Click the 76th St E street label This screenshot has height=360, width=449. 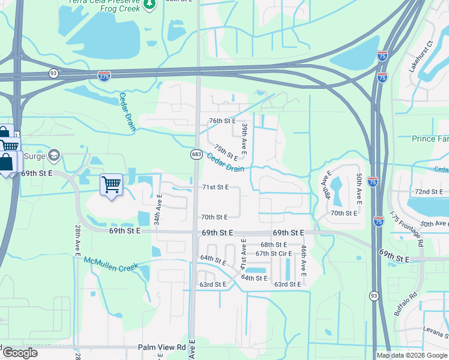(x=222, y=121)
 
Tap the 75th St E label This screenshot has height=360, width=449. (x=226, y=153)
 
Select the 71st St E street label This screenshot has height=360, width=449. (x=214, y=187)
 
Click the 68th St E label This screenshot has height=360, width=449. (x=274, y=245)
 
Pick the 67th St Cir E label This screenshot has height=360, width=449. (x=273, y=253)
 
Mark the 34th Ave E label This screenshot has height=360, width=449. (x=158, y=209)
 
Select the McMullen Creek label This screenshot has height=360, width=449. (x=111, y=263)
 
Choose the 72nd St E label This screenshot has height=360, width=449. (x=429, y=191)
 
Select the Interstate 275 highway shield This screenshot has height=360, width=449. (x=104, y=76)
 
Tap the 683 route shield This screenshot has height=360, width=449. (x=196, y=154)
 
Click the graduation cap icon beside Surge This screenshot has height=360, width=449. (x=55, y=156)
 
